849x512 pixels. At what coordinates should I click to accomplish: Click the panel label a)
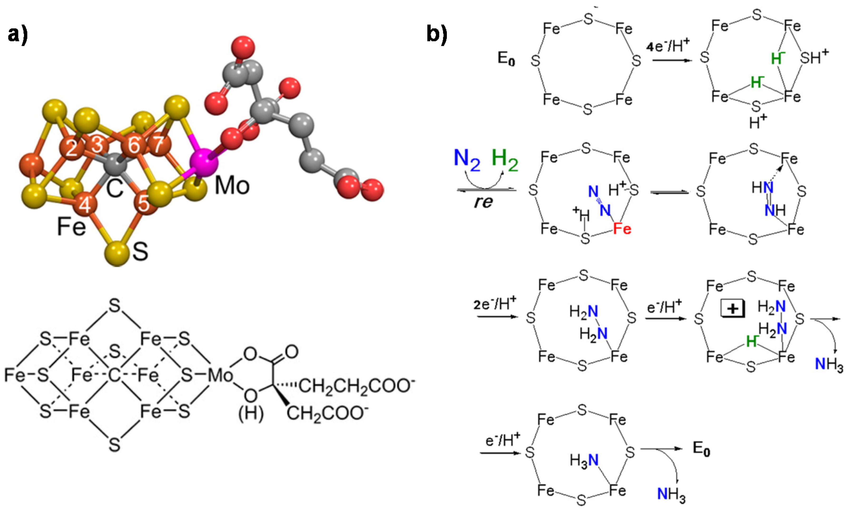click(x=18, y=34)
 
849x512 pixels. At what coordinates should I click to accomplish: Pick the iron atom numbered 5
click(x=144, y=203)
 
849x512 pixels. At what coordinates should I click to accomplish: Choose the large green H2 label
click(x=505, y=160)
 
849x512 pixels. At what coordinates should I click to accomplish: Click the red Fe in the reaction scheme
click(x=622, y=229)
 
